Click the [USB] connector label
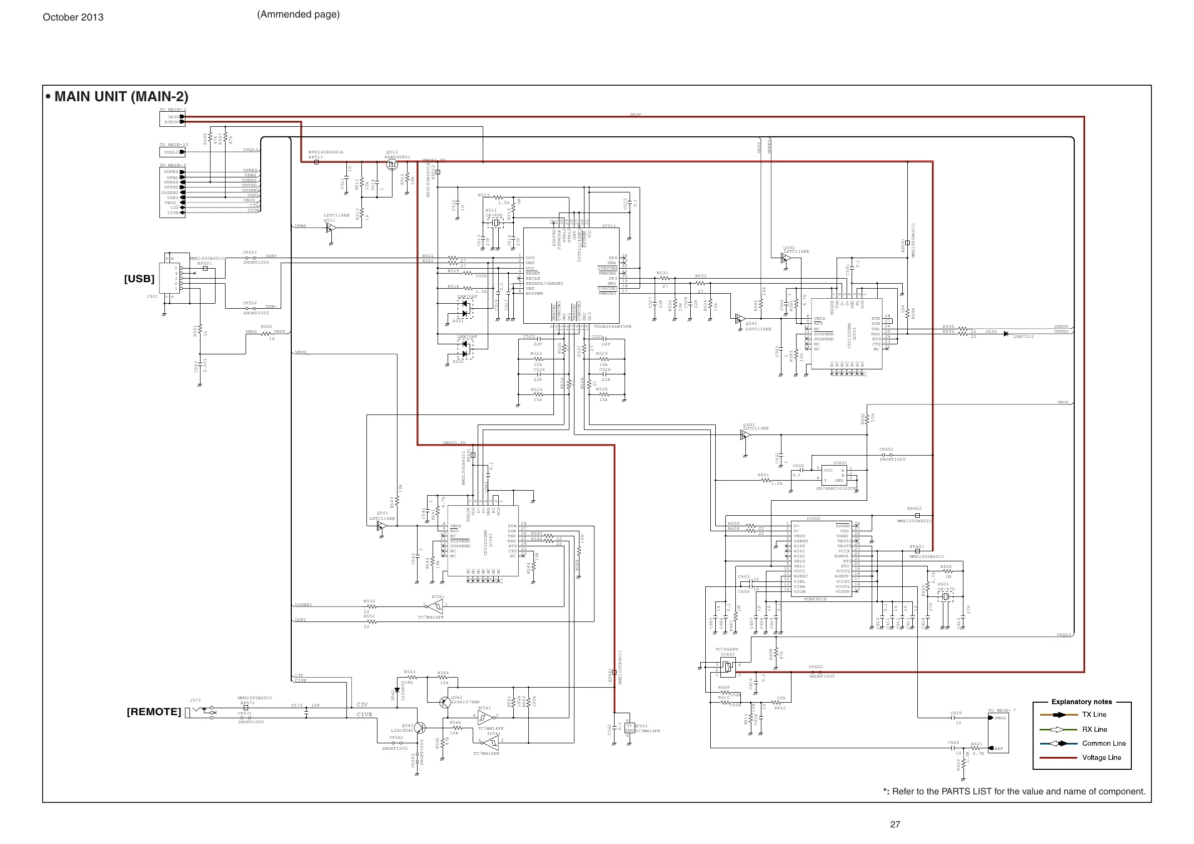pyautogui.click(x=139, y=279)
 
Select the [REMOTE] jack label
pyautogui.click(x=154, y=712)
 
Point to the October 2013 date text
pyautogui.click(x=73, y=17)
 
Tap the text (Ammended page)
pyautogui.click(x=298, y=15)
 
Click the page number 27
pyautogui.click(x=895, y=824)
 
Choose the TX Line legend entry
pyautogui.click(x=1094, y=715)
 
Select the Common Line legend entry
pyautogui.click(x=1103, y=744)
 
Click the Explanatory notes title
pyautogui.click(x=1082, y=702)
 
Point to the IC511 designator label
pyautogui.click(x=609, y=226)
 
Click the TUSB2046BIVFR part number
pyautogui.click(x=613, y=327)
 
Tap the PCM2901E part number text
pyautogui.click(x=815, y=599)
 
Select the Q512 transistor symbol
pyautogui.click(x=392, y=165)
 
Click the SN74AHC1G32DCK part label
pyautogui.click(x=836, y=489)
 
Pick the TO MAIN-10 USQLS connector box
pyautogui.click(x=171, y=152)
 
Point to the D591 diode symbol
pyautogui.click(x=1006, y=334)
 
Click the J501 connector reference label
pyautogui.click(x=152, y=296)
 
